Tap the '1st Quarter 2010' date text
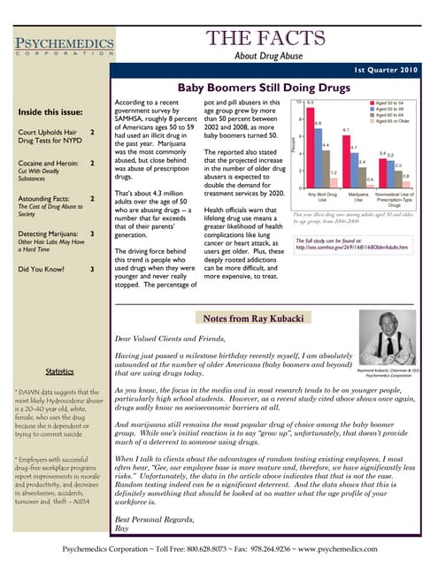(387, 70)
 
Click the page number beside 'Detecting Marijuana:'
(92, 233)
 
